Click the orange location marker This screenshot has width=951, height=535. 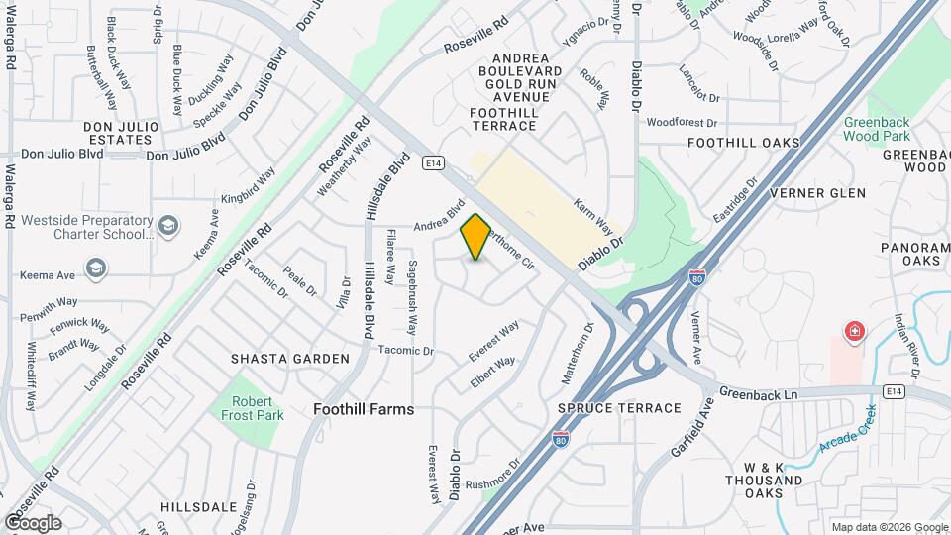(475, 237)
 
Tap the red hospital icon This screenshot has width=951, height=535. (851, 331)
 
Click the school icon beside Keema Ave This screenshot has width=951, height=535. (95, 267)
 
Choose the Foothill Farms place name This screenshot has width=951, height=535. (364, 408)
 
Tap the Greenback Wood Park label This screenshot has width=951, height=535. (876, 129)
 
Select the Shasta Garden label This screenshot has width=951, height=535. (276, 358)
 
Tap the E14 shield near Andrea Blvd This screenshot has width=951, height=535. (431, 161)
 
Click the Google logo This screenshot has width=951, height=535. (33, 522)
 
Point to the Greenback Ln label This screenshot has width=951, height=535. (759, 394)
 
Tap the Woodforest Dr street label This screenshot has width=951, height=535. (682, 123)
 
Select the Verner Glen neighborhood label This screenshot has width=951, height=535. (817, 192)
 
